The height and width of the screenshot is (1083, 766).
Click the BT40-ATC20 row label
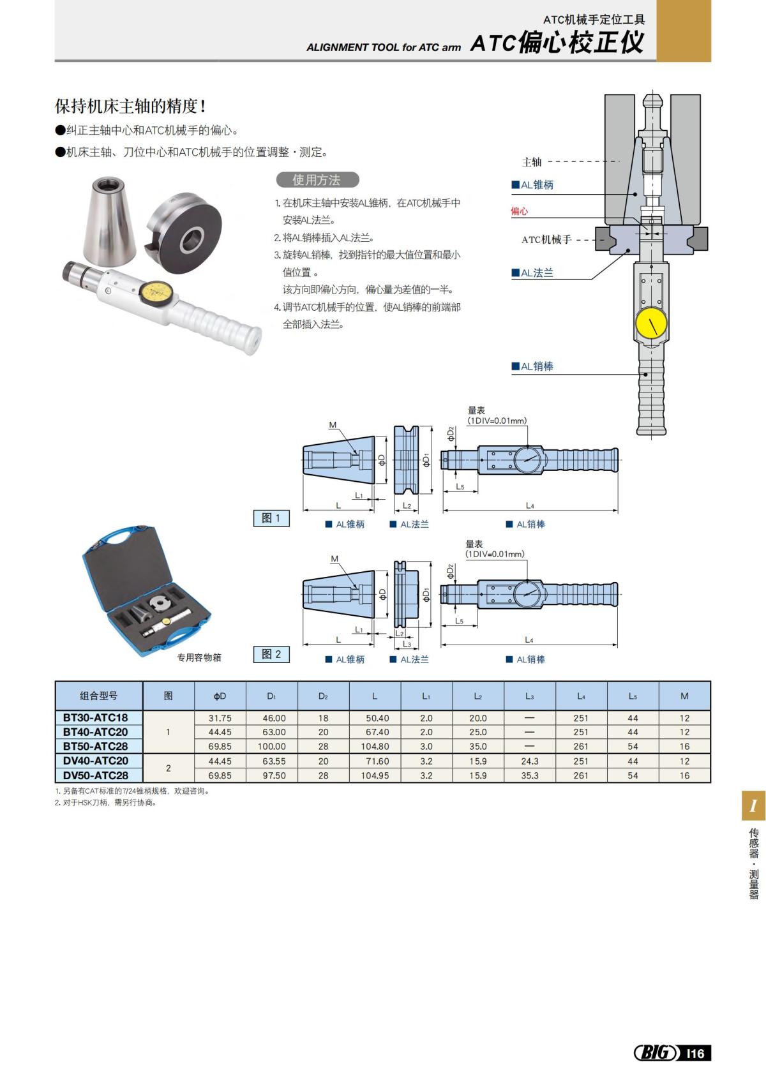95,732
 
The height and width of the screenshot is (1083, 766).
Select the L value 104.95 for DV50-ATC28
375,775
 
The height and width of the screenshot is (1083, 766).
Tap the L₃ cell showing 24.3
529,761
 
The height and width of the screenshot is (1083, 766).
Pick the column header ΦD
220,696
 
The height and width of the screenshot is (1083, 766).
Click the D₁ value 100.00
271,746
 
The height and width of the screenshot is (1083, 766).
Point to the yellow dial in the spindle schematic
651,324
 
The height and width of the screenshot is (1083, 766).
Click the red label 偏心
519,211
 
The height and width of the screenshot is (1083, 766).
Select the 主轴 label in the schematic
532,162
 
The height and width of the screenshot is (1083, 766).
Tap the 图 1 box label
271,518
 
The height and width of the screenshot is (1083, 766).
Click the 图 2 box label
271,654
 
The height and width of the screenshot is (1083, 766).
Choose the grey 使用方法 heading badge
317,180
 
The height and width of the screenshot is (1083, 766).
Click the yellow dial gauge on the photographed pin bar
157,292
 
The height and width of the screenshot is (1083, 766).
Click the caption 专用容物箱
199,657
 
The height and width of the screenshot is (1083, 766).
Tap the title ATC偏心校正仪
557,43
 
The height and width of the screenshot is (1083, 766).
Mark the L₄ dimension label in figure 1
530,505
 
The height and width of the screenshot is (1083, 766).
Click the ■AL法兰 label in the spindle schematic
532,273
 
